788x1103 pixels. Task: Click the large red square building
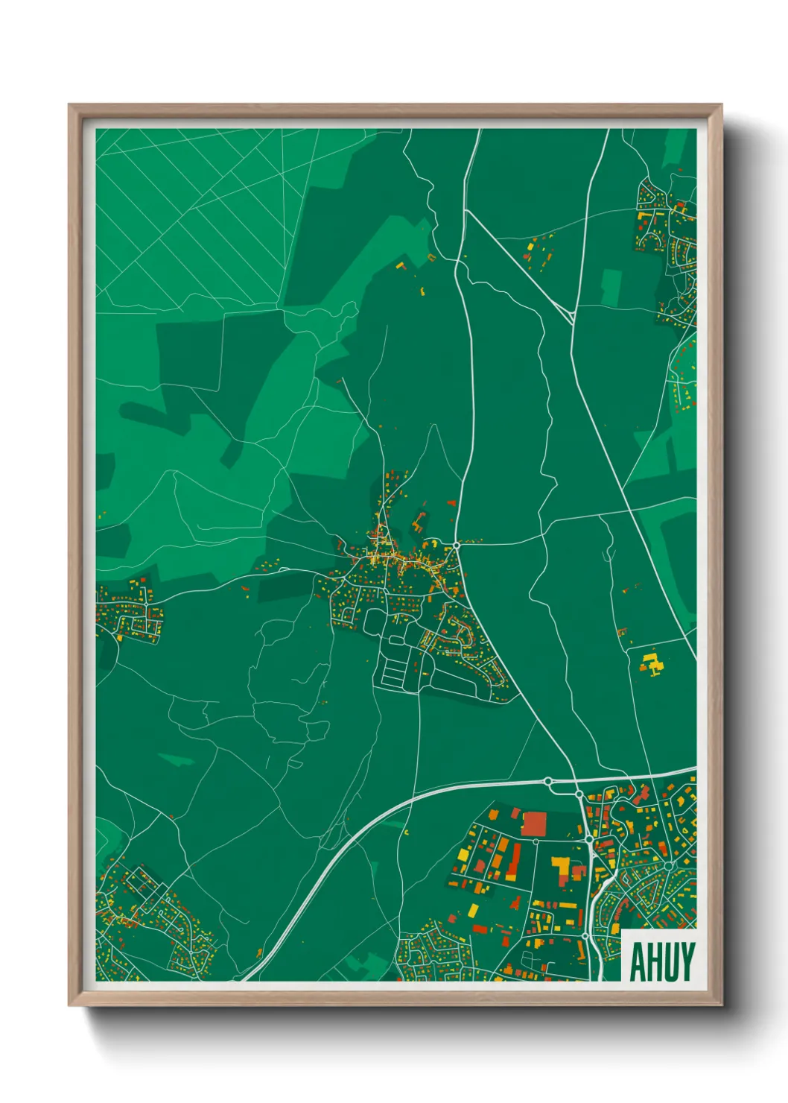click(x=533, y=824)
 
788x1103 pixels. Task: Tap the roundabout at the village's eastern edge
click(x=456, y=546)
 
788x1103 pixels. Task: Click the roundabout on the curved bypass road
click(x=549, y=781)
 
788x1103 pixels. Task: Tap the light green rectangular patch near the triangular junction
click(x=611, y=287)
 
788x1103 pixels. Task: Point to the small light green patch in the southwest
click(x=177, y=759)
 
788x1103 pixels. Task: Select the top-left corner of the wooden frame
click(x=70, y=106)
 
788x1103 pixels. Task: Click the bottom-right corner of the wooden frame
click(x=720, y=1005)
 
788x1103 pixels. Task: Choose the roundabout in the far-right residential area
click(x=669, y=865)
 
